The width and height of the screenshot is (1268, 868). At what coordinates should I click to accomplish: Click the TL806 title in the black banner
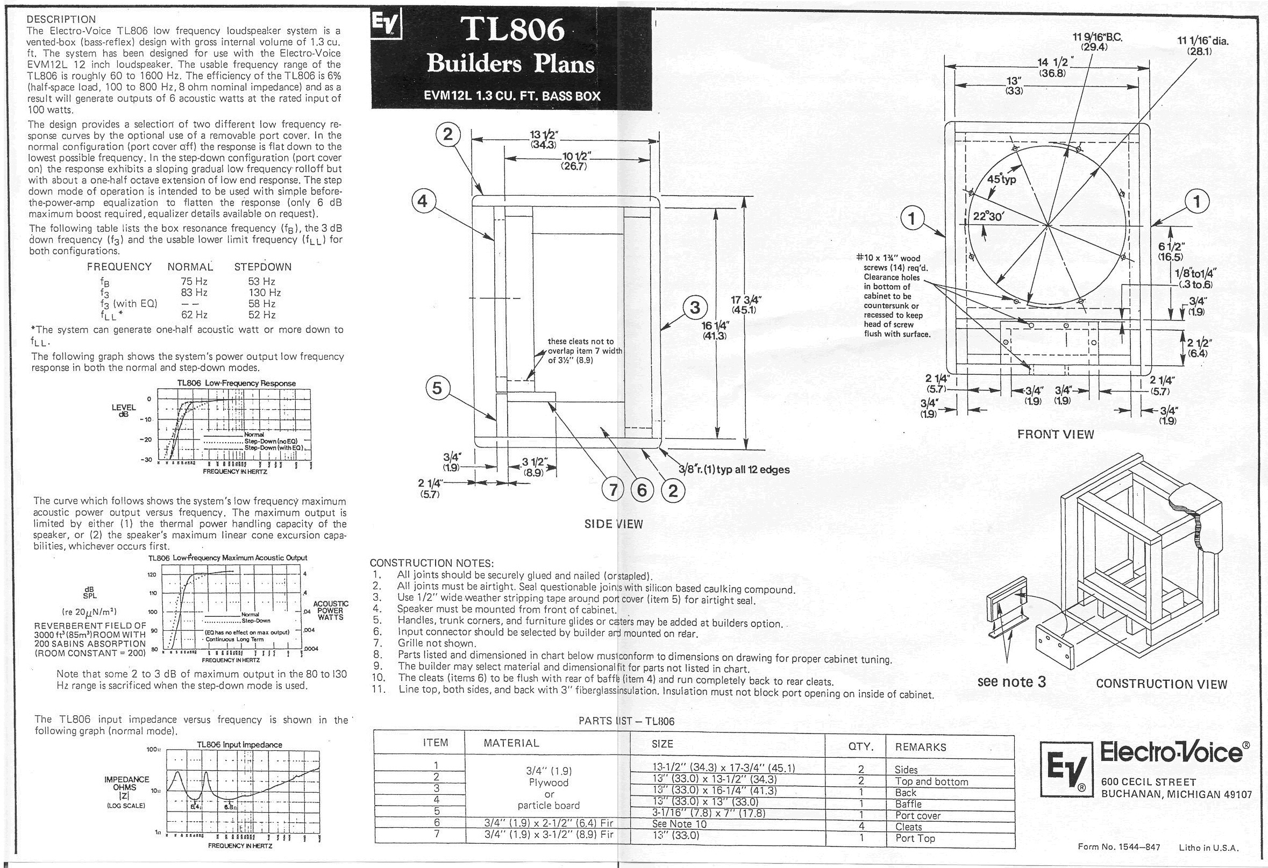pyautogui.click(x=511, y=31)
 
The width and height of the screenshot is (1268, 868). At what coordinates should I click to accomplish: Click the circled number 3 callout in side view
pyautogui.click(x=695, y=308)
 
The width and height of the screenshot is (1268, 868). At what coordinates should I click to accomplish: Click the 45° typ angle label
pyautogui.click(x=1002, y=180)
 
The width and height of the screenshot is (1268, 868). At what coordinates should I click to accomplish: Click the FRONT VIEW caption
pyautogui.click(x=1055, y=435)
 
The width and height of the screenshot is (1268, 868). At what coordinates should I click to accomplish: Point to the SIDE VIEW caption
pyautogui.click(x=614, y=524)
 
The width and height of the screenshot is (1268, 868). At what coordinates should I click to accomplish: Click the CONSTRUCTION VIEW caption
pyautogui.click(x=1161, y=684)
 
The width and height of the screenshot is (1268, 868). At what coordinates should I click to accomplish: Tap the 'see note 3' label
pyautogui.click(x=1011, y=682)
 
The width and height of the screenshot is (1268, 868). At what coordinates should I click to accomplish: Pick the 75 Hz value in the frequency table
pyautogui.click(x=194, y=281)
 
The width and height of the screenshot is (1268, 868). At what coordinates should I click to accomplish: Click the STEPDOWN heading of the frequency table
pyautogui.click(x=262, y=267)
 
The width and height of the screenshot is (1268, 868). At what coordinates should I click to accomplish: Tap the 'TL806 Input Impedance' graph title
pyautogui.click(x=239, y=745)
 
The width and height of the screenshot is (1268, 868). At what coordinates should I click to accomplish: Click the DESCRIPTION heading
pyautogui.click(x=61, y=20)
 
